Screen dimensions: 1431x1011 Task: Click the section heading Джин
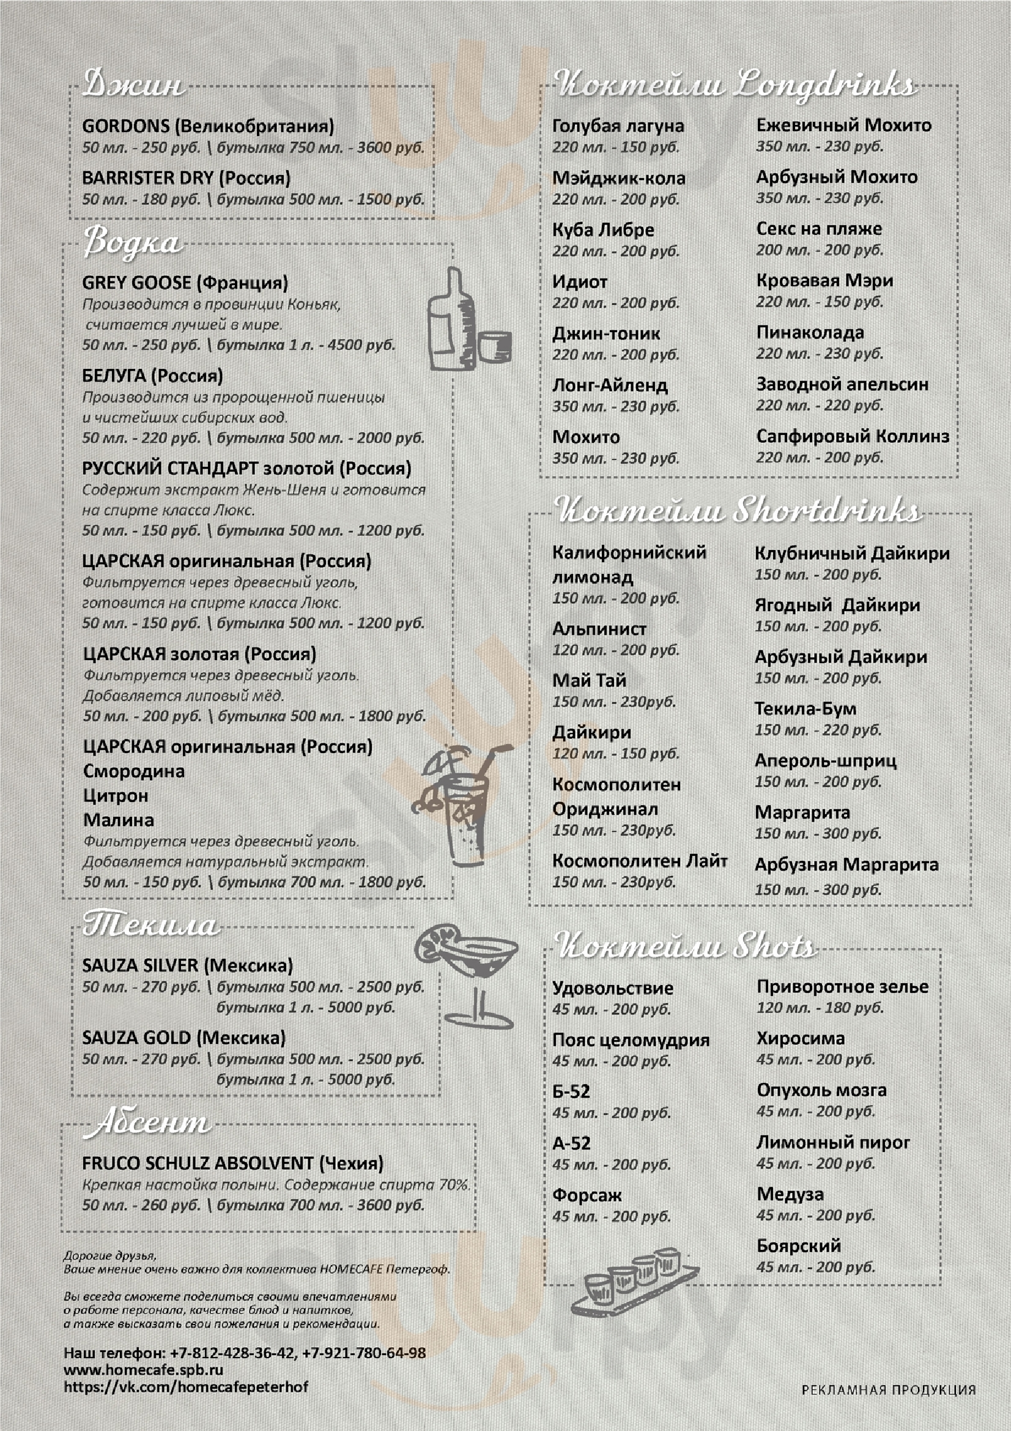(x=133, y=84)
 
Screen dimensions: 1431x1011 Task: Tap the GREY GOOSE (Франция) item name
(x=185, y=283)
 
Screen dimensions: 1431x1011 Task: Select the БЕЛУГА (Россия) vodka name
(x=152, y=376)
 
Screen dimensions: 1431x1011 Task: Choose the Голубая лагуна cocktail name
(x=618, y=126)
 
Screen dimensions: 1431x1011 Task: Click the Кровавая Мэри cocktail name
(x=824, y=280)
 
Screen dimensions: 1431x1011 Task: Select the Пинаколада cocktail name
(x=810, y=332)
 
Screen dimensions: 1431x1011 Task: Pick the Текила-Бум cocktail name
(x=805, y=708)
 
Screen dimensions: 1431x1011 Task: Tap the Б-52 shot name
(x=571, y=1091)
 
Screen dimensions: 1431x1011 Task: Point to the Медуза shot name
(x=790, y=1194)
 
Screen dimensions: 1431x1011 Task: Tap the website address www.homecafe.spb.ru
(x=143, y=1369)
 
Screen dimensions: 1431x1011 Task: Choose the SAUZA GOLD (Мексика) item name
(x=183, y=1038)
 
